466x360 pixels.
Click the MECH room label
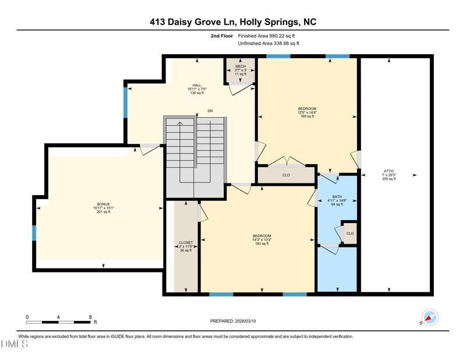241,66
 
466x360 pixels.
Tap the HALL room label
197,85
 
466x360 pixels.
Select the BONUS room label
104,204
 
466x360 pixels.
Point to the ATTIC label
389,171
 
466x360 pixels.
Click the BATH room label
337,197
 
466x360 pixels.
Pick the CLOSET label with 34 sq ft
186,243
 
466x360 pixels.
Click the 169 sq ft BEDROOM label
307,109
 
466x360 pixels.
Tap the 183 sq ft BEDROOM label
262,236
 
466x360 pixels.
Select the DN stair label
210,111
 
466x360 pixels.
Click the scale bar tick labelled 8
90,317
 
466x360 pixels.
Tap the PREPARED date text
233,321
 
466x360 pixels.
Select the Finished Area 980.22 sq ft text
266,36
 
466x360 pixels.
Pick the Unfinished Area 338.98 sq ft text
269,44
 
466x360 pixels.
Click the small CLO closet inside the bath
350,234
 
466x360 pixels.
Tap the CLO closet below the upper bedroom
286,175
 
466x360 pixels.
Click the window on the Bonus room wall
34,233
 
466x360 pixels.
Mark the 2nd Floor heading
222,36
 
